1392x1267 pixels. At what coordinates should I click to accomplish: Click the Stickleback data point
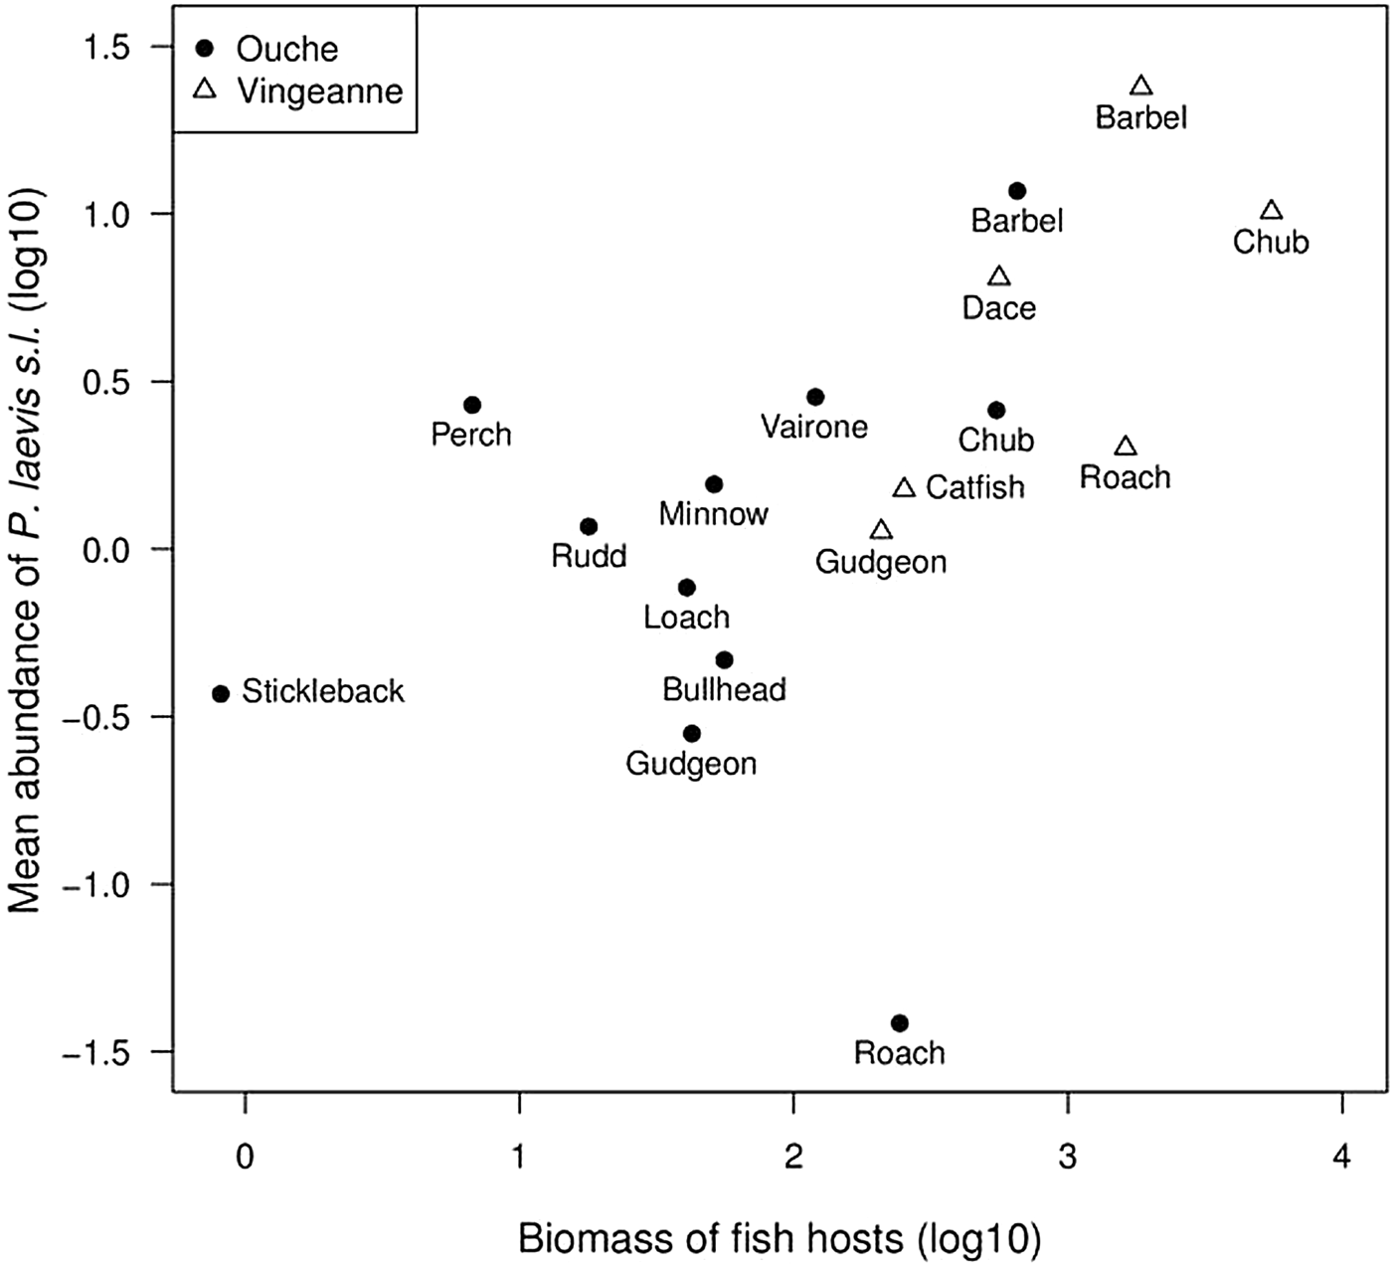(x=221, y=693)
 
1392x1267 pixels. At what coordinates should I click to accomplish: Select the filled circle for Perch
(x=472, y=405)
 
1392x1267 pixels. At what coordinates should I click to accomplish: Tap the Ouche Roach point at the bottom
(x=900, y=1022)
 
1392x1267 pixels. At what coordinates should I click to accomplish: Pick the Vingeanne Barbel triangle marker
(x=1141, y=87)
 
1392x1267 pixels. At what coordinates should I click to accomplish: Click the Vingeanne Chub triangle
(x=1271, y=211)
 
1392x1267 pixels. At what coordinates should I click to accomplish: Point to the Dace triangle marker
(x=999, y=276)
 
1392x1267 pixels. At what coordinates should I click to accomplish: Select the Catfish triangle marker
(x=904, y=487)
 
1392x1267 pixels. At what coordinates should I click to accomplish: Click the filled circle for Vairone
(x=815, y=397)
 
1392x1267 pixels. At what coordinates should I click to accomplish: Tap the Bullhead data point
(x=725, y=660)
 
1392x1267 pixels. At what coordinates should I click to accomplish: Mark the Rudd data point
(x=589, y=526)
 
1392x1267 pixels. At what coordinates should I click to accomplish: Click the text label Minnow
(x=713, y=514)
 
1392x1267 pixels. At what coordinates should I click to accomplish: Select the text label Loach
(x=686, y=618)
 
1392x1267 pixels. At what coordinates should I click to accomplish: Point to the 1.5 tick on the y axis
(x=111, y=47)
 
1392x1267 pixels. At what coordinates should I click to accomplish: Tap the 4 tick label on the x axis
(x=1342, y=1158)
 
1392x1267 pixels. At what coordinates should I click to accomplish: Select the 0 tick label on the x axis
(x=245, y=1158)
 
